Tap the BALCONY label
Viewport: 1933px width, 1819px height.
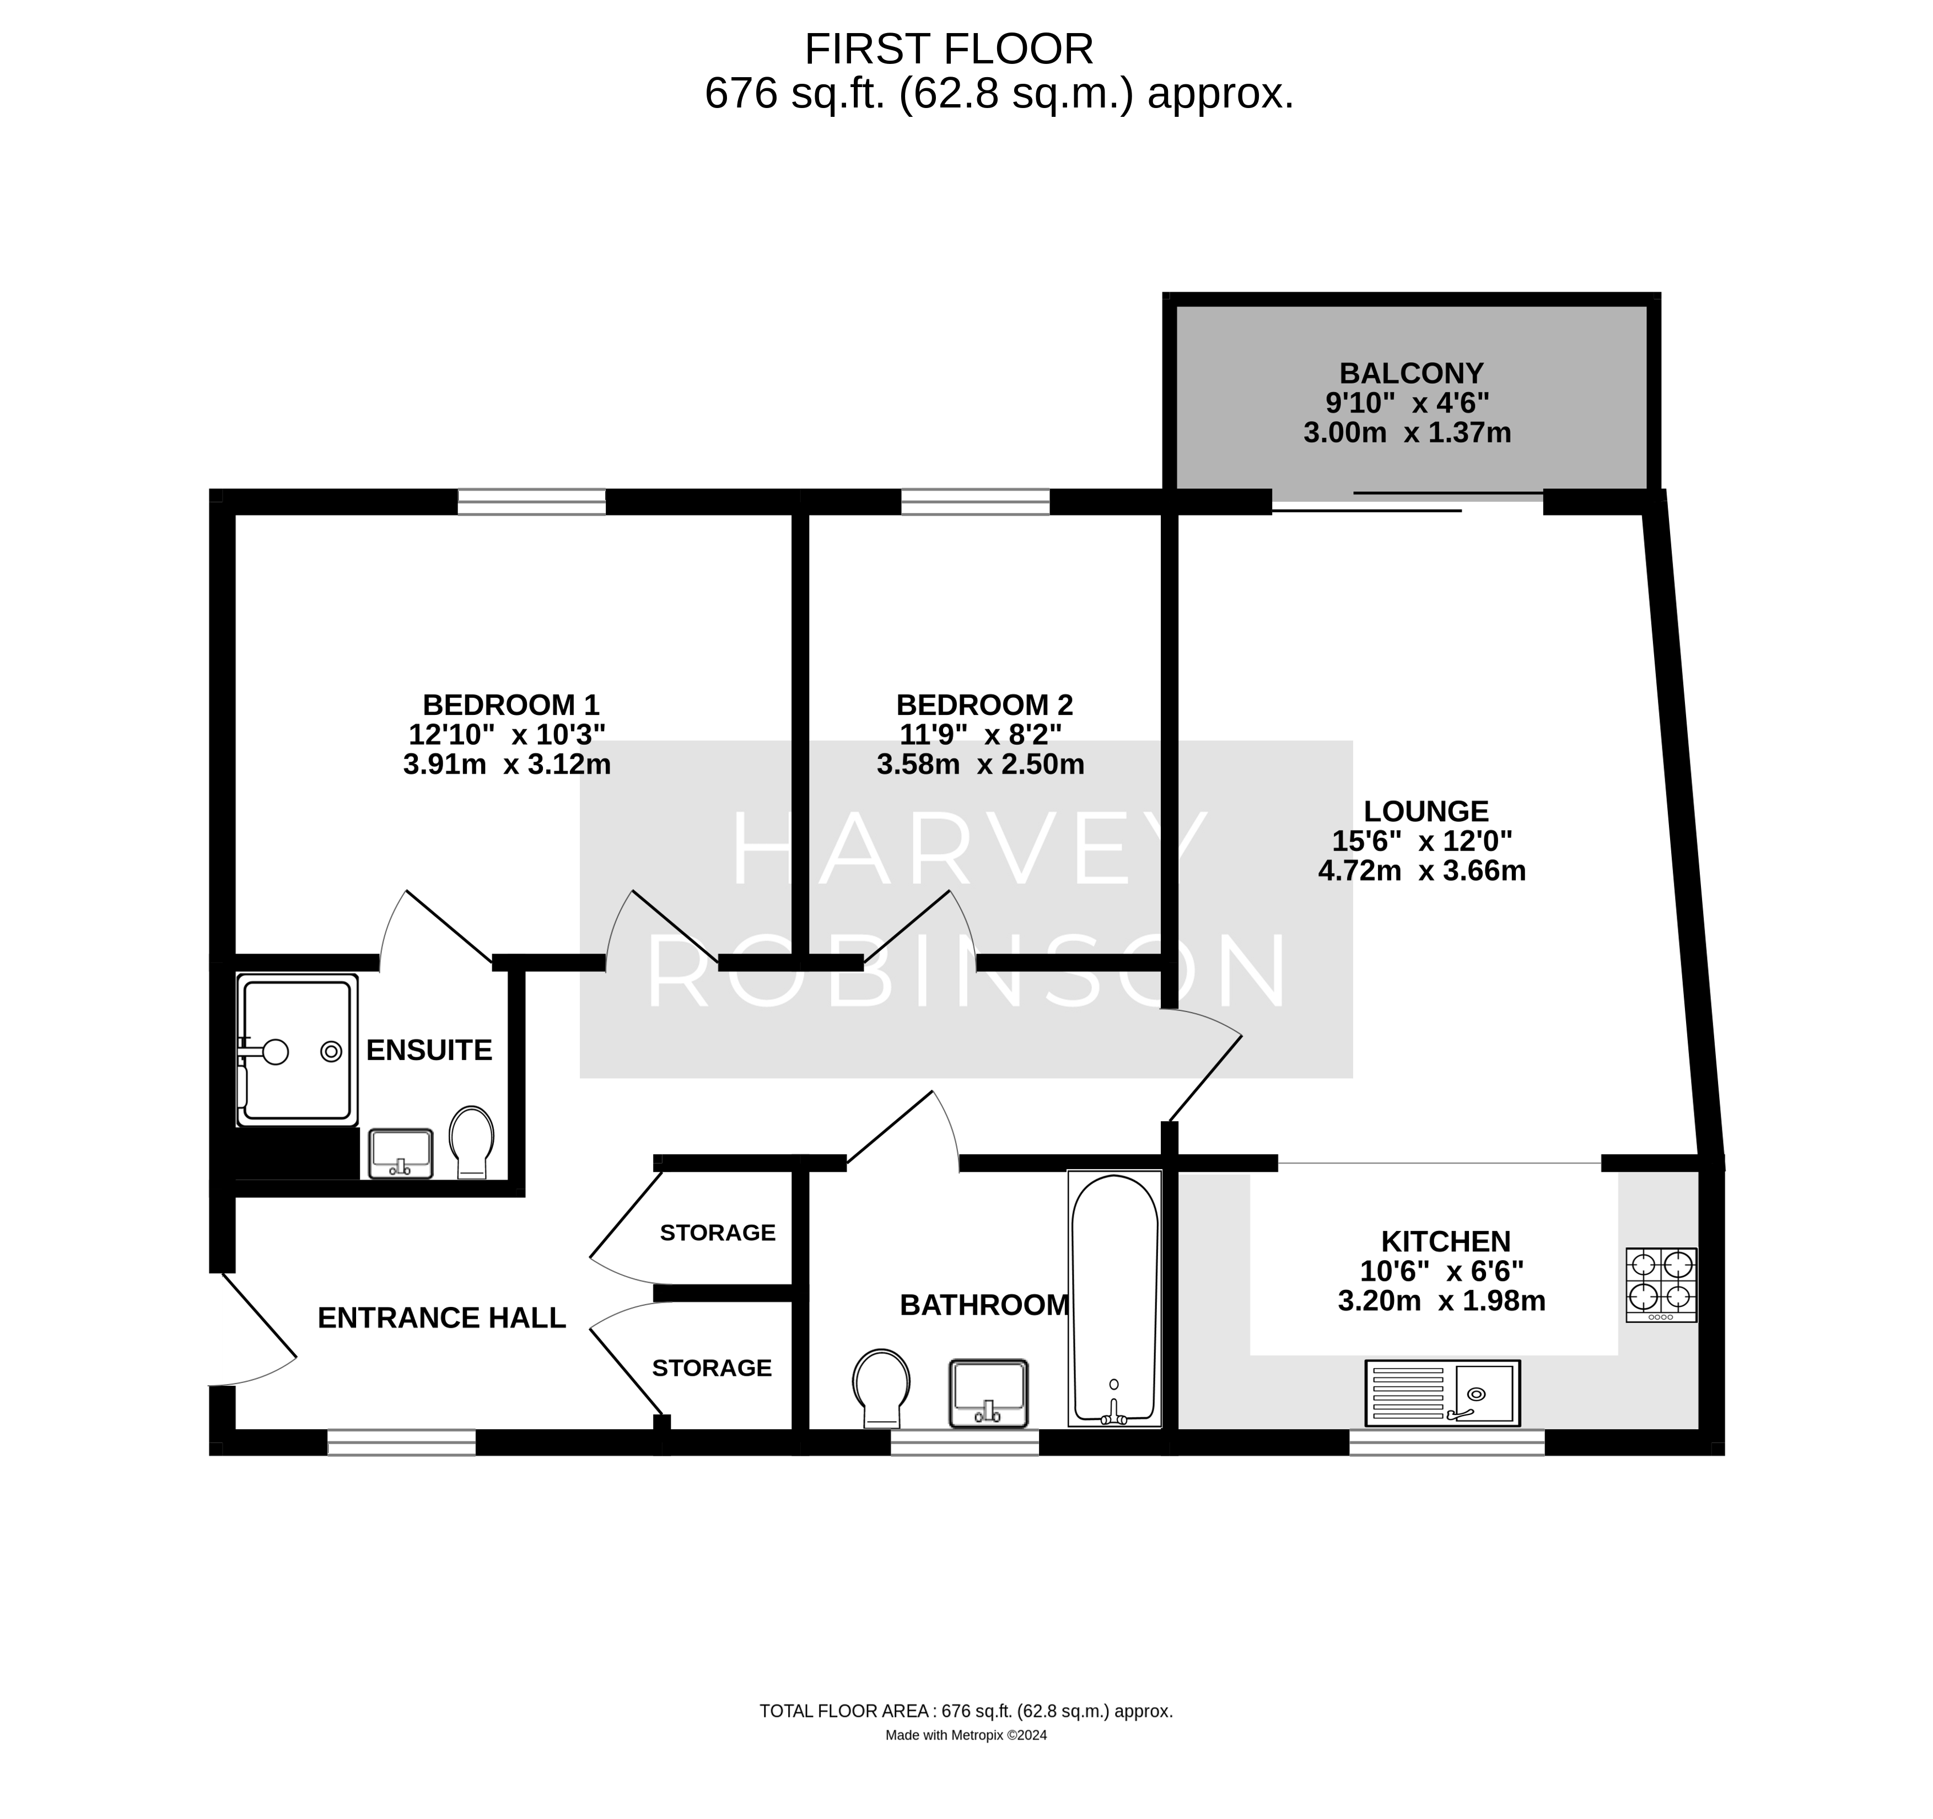click(1411, 373)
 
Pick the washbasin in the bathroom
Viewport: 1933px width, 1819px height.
click(989, 1392)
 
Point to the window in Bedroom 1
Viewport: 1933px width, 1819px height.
click(532, 502)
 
